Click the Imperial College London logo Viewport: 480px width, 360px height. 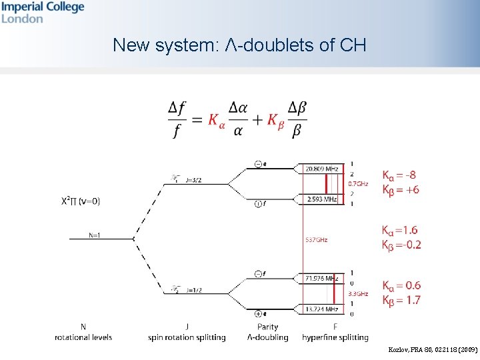click(x=42, y=12)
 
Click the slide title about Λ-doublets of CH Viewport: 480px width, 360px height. click(x=239, y=45)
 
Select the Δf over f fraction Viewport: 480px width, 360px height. click(x=177, y=119)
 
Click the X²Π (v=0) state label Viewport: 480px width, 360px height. click(x=81, y=200)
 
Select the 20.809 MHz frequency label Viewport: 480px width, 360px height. click(x=321, y=169)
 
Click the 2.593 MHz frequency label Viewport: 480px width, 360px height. click(x=321, y=199)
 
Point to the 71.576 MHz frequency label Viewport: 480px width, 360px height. click(x=321, y=278)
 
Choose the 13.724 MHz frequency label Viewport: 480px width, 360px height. click(x=321, y=309)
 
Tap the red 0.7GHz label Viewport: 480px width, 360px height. click(x=357, y=183)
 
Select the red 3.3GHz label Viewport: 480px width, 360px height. click(x=358, y=293)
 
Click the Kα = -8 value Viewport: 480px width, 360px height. click(x=399, y=175)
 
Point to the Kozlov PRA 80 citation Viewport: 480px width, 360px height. click(x=433, y=349)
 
